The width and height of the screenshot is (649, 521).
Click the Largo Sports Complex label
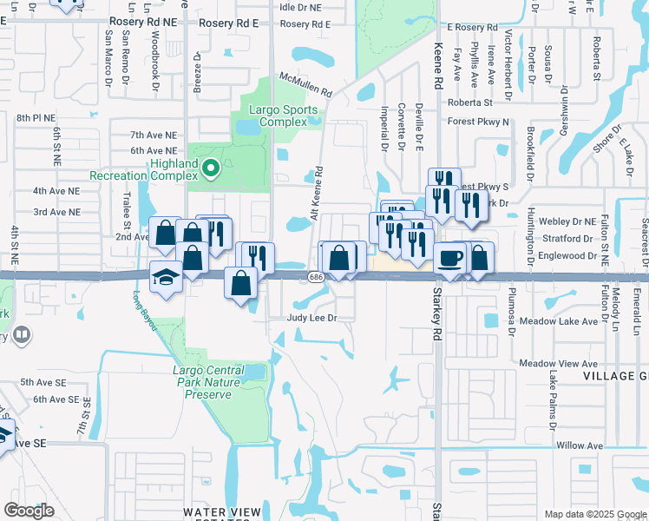pyautogui.click(x=283, y=115)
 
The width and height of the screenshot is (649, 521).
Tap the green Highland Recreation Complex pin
pyautogui.click(x=210, y=167)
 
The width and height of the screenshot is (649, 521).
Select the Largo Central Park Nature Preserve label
pyautogui.click(x=208, y=382)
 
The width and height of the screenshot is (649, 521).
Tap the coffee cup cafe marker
pyautogui.click(x=449, y=259)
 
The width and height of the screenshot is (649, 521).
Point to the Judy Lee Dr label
pyautogui.click(x=311, y=319)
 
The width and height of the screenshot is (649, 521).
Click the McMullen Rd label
pyautogui.click(x=305, y=85)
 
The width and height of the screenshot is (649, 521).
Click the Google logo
pyautogui.click(x=29, y=511)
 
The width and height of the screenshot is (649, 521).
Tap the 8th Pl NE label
pyautogui.click(x=35, y=117)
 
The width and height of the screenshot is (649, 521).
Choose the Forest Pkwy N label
pyautogui.click(x=478, y=122)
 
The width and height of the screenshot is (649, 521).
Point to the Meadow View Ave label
pyautogui.click(x=559, y=363)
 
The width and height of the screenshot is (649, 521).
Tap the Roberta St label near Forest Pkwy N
pyautogui.click(x=471, y=102)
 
